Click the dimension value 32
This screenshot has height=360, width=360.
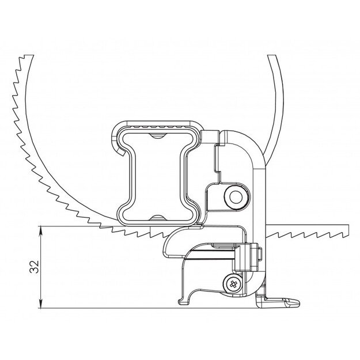click(34, 267)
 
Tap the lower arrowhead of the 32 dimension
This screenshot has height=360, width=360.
click(41, 304)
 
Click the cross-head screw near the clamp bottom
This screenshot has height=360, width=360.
click(233, 284)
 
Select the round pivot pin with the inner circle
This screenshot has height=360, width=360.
click(236, 197)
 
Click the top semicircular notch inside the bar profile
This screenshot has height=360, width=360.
click(157, 136)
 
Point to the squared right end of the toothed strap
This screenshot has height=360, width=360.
click(347, 231)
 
